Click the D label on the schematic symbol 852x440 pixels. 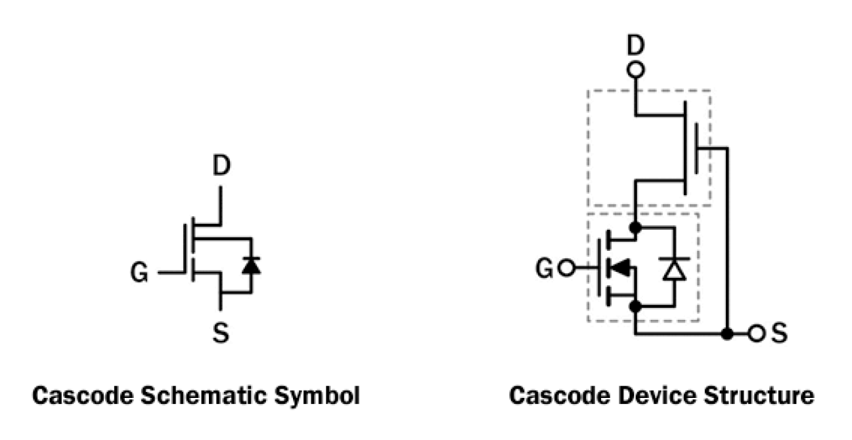tap(220, 166)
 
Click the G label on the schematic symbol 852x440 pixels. tap(140, 273)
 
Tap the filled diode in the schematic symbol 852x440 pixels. tap(252, 265)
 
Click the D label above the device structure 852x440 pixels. tap(636, 46)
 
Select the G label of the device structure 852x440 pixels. tap(544, 269)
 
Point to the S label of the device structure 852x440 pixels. tap(779, 334)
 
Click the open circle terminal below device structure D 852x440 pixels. tap(636, 69)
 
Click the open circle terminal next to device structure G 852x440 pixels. tap(565, 269)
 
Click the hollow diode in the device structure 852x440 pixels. tap(674, 269)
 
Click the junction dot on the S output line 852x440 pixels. tap(727, 334)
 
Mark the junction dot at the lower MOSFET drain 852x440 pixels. tap(636, 227)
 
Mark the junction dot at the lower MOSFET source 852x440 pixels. tap(636, 307)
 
